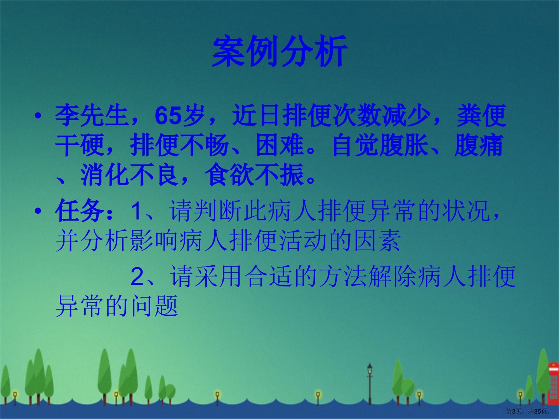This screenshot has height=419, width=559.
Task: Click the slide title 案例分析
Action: pos(279,51)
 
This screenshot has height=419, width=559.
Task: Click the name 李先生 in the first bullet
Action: pos(92,116)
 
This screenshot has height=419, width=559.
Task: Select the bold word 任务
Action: pos(80,211)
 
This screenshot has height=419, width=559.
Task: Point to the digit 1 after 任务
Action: pos(136,211)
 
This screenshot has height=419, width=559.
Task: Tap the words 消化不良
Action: pos(129,175)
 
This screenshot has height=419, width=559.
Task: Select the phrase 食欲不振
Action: pos(254,175)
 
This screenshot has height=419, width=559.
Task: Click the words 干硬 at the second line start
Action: pos(80,145)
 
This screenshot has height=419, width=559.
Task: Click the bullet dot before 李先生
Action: pos(38,116)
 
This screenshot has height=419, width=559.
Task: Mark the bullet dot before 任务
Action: pos(38,211)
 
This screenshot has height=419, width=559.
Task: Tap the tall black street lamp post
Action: pos(370,384)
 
